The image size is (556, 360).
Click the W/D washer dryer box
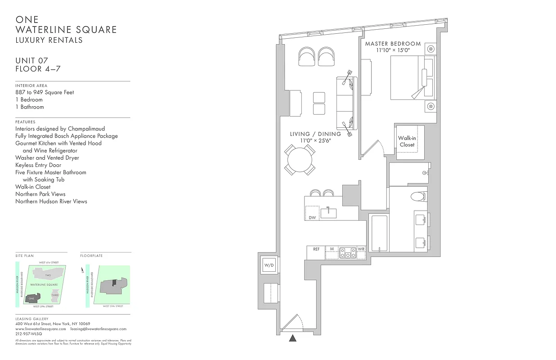pyautogui.click(x=269, y=265)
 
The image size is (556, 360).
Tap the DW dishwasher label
pyautogui.click(x=312, y=218)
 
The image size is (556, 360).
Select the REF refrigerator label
pyautogui.click(x=316, y=249)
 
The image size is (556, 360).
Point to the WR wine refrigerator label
pyautogui.click(x=361, y=249)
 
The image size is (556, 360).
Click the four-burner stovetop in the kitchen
pyautogui.click(x=347, y=253)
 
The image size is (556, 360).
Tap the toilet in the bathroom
pyautogui.click(x=418, y=197)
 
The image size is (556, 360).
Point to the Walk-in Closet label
pyautogui.click(x=407, y=141)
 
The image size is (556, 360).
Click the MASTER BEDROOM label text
pyautogui.click(x=393, y=44)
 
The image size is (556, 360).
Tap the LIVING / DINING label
pyautogui.click(x=315, y=134)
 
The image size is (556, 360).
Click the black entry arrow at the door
pyautogui.click(x=293, y=338)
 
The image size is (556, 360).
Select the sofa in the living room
pyautogui.click(x=346, y=103)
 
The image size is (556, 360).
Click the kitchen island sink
pyautogui.click(x=328, y=212)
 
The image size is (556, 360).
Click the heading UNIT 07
pyautogui.click(x=31, y=61)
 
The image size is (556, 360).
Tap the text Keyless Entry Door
pyautogui.click(x=38, y=165)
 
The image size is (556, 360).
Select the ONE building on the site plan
pyautogui.click(x=32, y=298)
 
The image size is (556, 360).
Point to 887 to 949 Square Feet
pyautogui.click(x=45, y=92)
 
